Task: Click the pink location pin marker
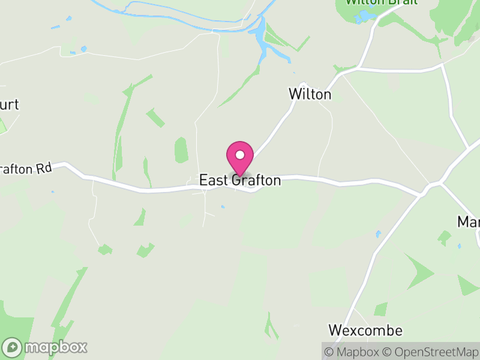[240, 158]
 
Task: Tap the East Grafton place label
[240, 181]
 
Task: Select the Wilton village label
[310, 94]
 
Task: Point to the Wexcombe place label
[365, 331]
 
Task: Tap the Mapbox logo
[45, 347]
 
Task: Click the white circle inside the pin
[240, 155]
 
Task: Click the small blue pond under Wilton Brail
[364, 18]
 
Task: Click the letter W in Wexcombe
[335, 331]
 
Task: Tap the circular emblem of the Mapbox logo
[12, 347]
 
